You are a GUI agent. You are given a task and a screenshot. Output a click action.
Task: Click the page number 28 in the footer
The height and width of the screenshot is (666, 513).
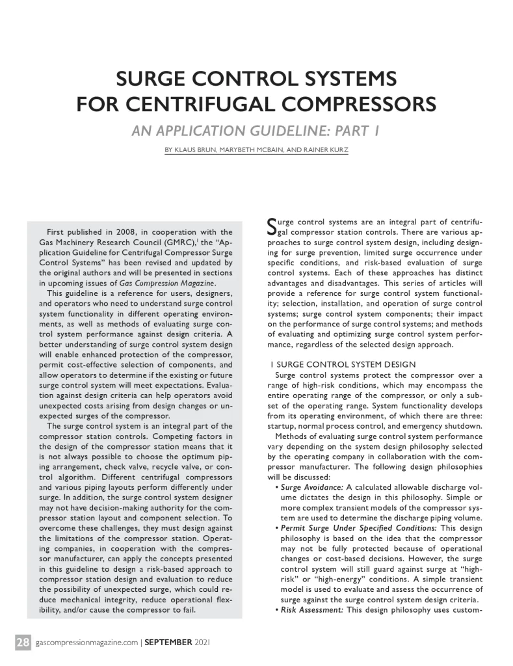23,643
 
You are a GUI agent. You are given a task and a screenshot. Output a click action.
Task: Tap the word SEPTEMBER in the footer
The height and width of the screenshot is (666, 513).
167,643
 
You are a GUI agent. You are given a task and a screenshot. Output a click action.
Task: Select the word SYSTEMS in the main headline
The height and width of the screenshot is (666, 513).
337,80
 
